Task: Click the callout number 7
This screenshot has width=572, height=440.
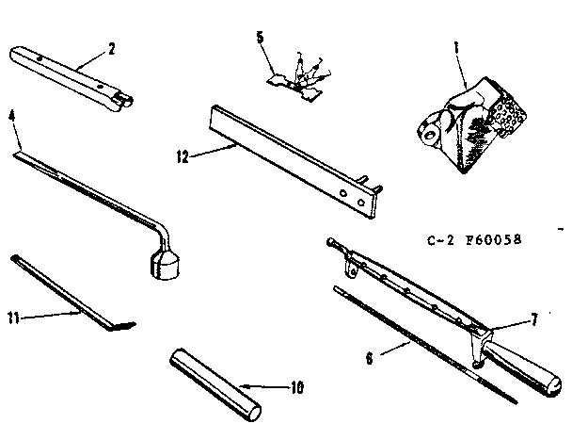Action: click(x=533, y=319)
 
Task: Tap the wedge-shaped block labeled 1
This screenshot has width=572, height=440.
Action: click(x=463, y=122)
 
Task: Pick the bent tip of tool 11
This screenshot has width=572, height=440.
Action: click(x=119, y=326)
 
